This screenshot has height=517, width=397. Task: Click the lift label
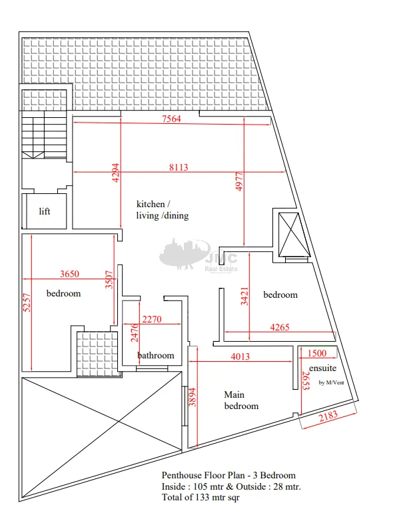coord(45,211)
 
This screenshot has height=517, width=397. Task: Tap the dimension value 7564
coord(171,119)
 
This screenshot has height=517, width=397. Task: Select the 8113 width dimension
coord(179,167)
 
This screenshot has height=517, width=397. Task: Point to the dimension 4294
coord(115,173)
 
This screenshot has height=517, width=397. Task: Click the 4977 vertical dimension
coord(239,182)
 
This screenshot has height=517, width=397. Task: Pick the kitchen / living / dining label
coord(163,210)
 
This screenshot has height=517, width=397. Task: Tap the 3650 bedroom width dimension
coord(69,274)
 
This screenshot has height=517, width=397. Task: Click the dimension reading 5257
coord(27,302)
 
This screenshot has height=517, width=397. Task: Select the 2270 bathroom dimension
coord(152,319)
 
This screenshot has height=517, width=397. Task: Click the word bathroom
coord(156,356)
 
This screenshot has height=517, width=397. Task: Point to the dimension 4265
coord(280,327)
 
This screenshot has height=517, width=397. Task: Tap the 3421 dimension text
coord(244,296)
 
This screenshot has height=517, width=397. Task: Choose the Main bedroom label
coord(241,400)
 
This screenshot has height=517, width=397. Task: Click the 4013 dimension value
coord(240,356)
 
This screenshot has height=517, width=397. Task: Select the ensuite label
coord(323,368)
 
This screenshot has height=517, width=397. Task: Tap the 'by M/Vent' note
coord(331,382)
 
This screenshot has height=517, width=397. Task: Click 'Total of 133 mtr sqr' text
coord(200,497)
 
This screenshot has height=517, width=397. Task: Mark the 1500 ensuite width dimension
coord(317,353)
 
